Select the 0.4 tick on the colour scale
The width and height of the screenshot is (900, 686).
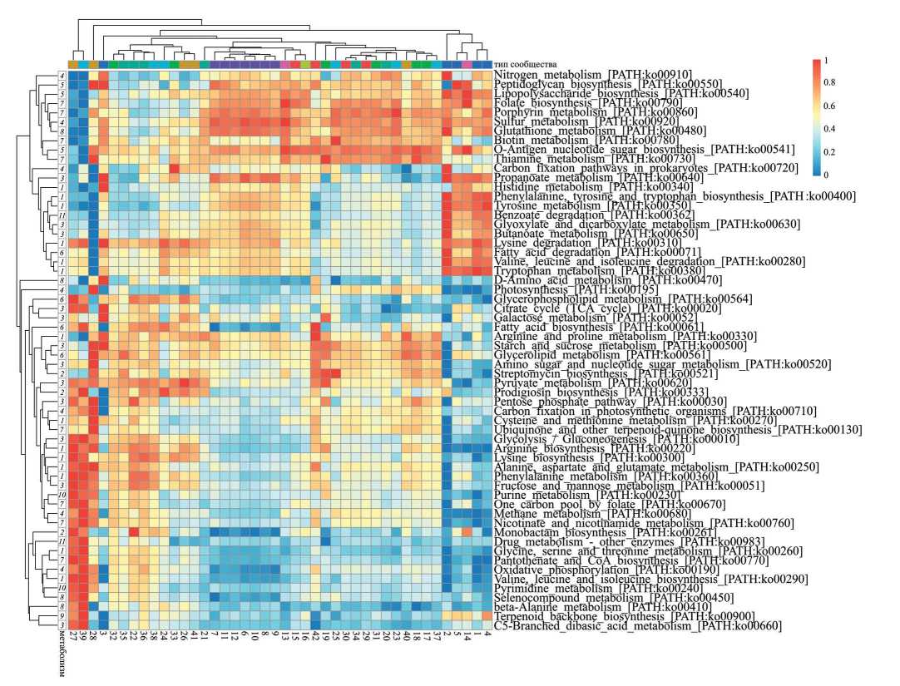click(x=828, y=129)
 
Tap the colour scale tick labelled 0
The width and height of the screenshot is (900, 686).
click(x=824, y=175)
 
